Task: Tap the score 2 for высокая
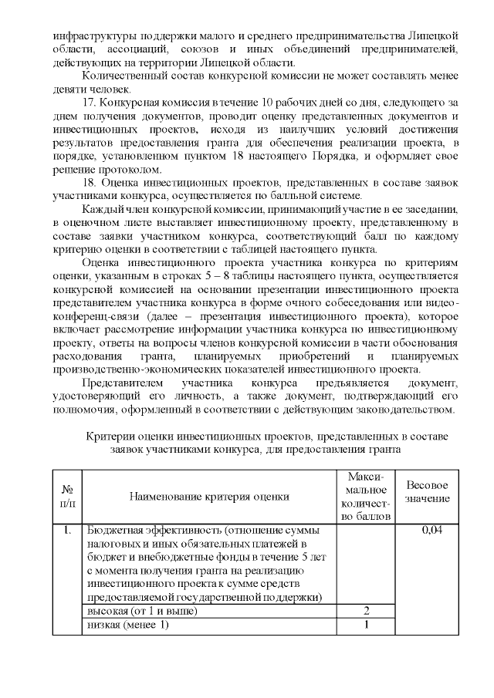pyautogui.click(x=367, y=611)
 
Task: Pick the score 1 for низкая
pyautogui.click(x=367, y=625)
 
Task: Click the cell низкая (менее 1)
pyautogui.click(x=127, y=625)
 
